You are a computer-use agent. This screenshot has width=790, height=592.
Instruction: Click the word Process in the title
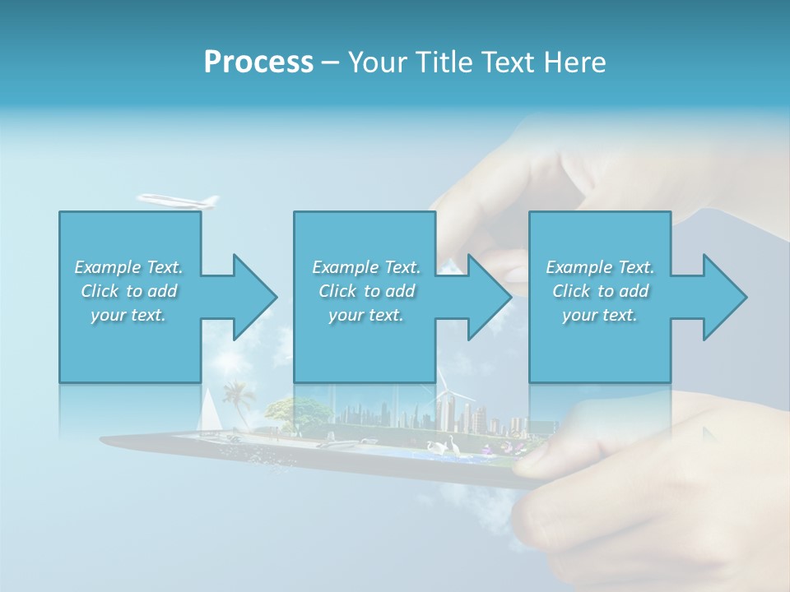point(258,62)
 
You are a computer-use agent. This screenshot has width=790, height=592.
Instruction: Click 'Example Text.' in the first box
point(129,267)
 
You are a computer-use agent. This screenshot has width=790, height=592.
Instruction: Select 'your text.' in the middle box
point(365,315)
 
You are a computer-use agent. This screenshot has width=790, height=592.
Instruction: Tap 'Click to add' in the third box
point(600,291)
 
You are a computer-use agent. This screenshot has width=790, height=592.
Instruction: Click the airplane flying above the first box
point(179,200)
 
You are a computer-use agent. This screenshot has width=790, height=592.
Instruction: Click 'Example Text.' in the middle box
point(365,267)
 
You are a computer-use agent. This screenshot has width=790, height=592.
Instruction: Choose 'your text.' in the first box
point(129,315)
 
